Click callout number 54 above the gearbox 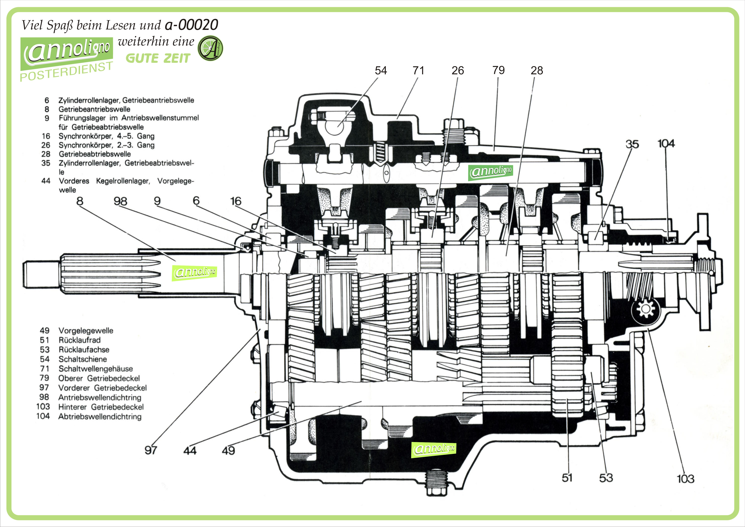pos(381,70)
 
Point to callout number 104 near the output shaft pos(666,144)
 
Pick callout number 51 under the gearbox pos(567,478)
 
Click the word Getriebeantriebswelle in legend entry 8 pos(94,109)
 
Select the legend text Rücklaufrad pos(80,340)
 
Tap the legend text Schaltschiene pos(82,359)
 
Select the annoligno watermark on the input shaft pos(194,272)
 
